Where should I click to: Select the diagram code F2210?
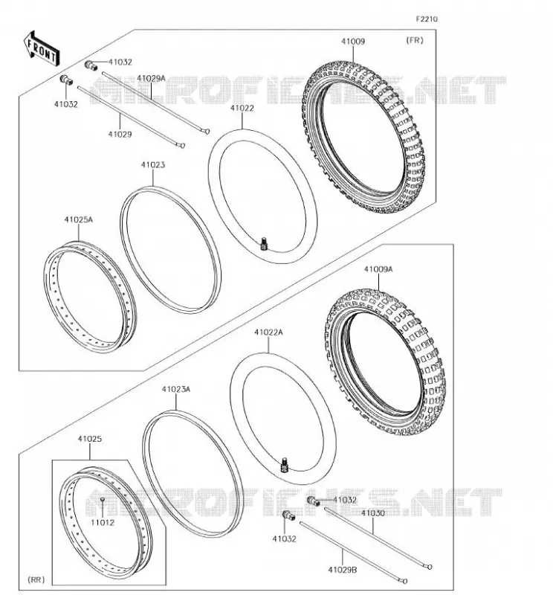(x=427, y=19)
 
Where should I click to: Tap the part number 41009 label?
(x=353, y=42)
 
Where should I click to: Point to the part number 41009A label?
(x=378, y=269)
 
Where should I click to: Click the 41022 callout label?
(x=242, y=108)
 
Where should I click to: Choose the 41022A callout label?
(x=268, y=332)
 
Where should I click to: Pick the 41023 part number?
(x=153, y=165)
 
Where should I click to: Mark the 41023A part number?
(x=176, y=389)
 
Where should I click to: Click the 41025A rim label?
(x=79, y=219)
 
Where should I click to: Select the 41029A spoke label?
(x=152, y=79)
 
